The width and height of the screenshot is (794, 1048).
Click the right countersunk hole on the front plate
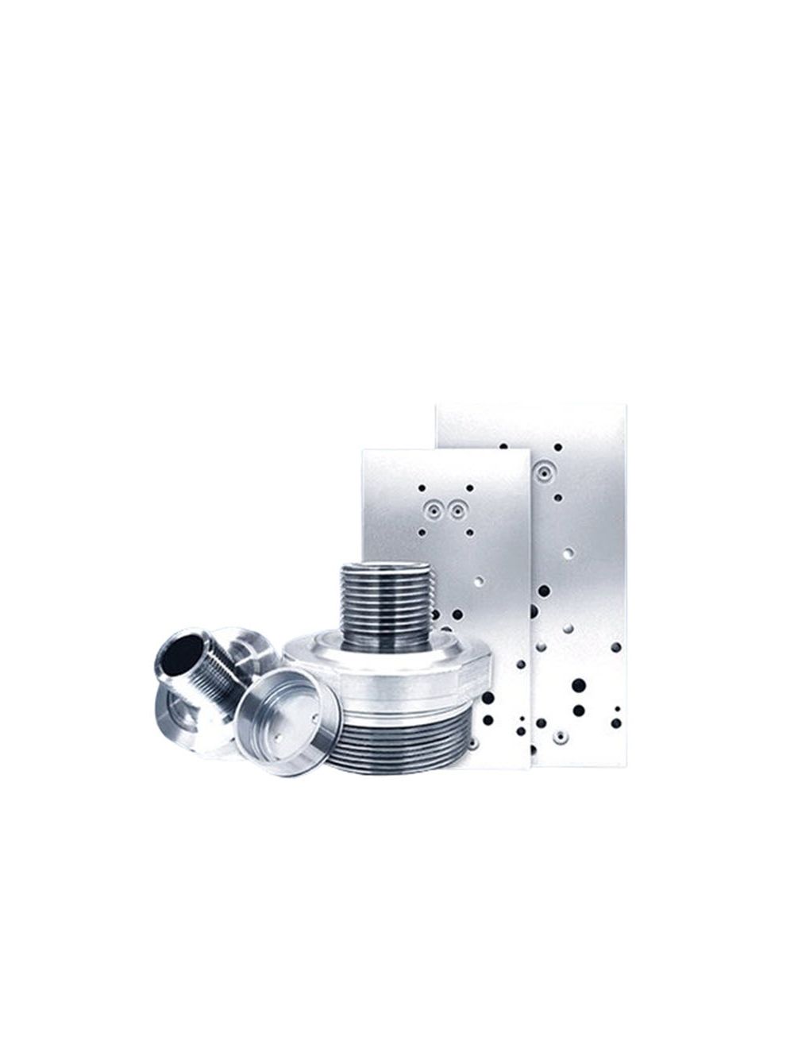point(457,507)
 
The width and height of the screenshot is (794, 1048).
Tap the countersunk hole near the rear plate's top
point(543,475)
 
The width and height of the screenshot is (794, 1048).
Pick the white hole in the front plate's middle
point(479,580)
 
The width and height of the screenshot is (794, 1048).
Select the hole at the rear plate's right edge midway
point(615,647)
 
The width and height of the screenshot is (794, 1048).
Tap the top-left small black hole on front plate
point(422,487)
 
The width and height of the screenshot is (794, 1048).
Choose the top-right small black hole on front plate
point(470,487)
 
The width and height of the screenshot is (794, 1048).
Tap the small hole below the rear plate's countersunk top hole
point(558,498)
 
